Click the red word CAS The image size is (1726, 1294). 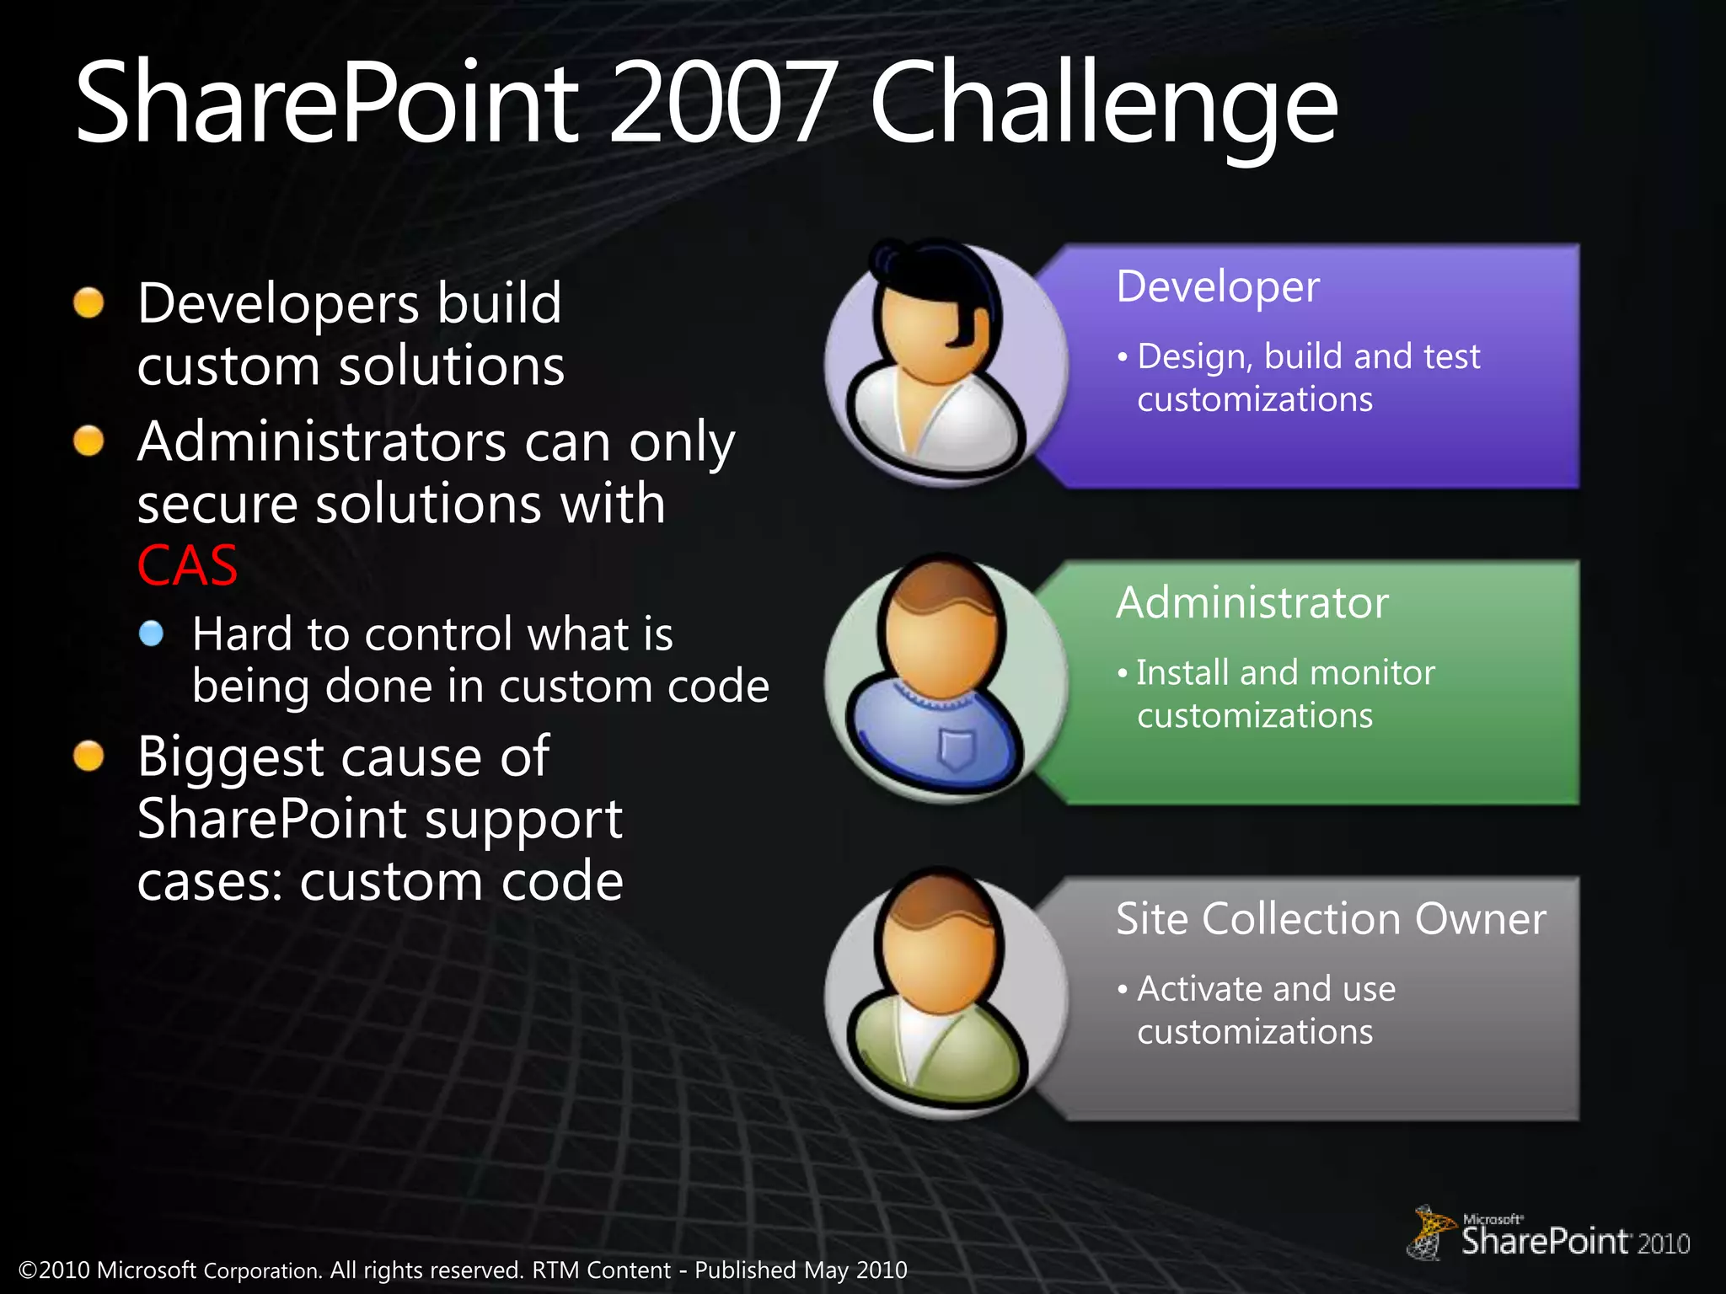(187, 565)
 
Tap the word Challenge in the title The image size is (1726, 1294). (1103, 106)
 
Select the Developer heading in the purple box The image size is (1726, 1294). (1217, 287)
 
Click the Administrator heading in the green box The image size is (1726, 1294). (1252, 603)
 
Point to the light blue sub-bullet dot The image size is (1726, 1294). (152, 634)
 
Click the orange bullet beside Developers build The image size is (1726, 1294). (88, 303)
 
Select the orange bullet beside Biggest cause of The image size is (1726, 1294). (88, 756)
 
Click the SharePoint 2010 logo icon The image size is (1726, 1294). (1429, 1233)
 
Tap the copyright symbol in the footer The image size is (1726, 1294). (28, 1270)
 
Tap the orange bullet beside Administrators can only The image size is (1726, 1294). (88, 441)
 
